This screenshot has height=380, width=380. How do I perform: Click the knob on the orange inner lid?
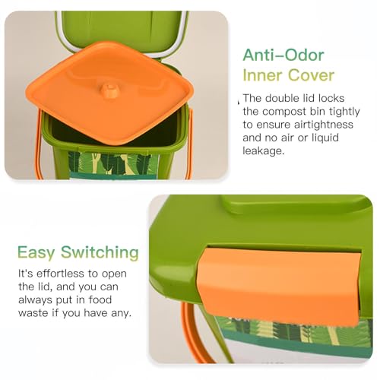pyautogui.click(x=110, y=90)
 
